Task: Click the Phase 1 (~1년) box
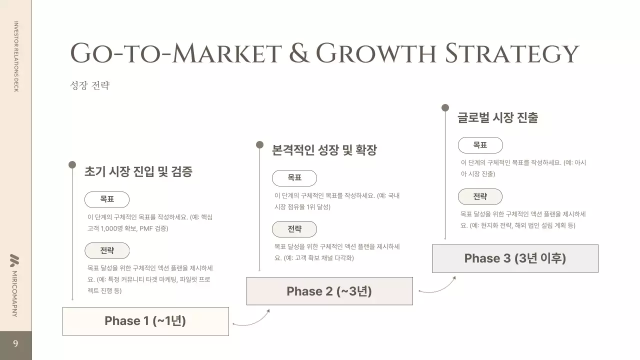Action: pyautogui.click(x=145, y=321)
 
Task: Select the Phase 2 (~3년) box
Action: pyautogui.click(x=329, y=291)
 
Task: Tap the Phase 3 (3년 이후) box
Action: pyautogui.click(x=515, y=258)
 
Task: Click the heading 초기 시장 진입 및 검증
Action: pyautogui.click(x=138, y=172)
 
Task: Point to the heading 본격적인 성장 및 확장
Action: pyautogui.click(x=324, y=150)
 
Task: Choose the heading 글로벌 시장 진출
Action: pyautogui.click(x=497, y=118)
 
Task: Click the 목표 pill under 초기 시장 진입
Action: pyautogui.click(x=107, y=199)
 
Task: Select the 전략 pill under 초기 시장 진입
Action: pyautogui.click(x=107, y=250)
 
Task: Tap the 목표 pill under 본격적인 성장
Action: pyautogui.click(x=294, y=178)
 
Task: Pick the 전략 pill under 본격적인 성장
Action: pyautogui.click(x=294, y=229)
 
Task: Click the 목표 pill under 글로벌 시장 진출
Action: pyautogui.click(x=480, y=145)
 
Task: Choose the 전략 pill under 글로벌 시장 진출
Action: pyautogui.click(x=480, y=196)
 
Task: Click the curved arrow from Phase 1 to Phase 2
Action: pyautogui.click(x=251, y=320)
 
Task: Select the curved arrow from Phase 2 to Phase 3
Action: pyautogui.click(x=437, y=286)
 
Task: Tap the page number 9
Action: pyautogui.click(x=15, y=344)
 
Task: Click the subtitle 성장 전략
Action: pyautogui.click(x=89, y=85)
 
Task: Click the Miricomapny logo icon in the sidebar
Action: pyautogui.click(x=15, y=260)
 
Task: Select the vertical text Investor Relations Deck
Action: pyautogui.click(x=15, y=56)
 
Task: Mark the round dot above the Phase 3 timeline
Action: pyautogui.click(x=445, y=107)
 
